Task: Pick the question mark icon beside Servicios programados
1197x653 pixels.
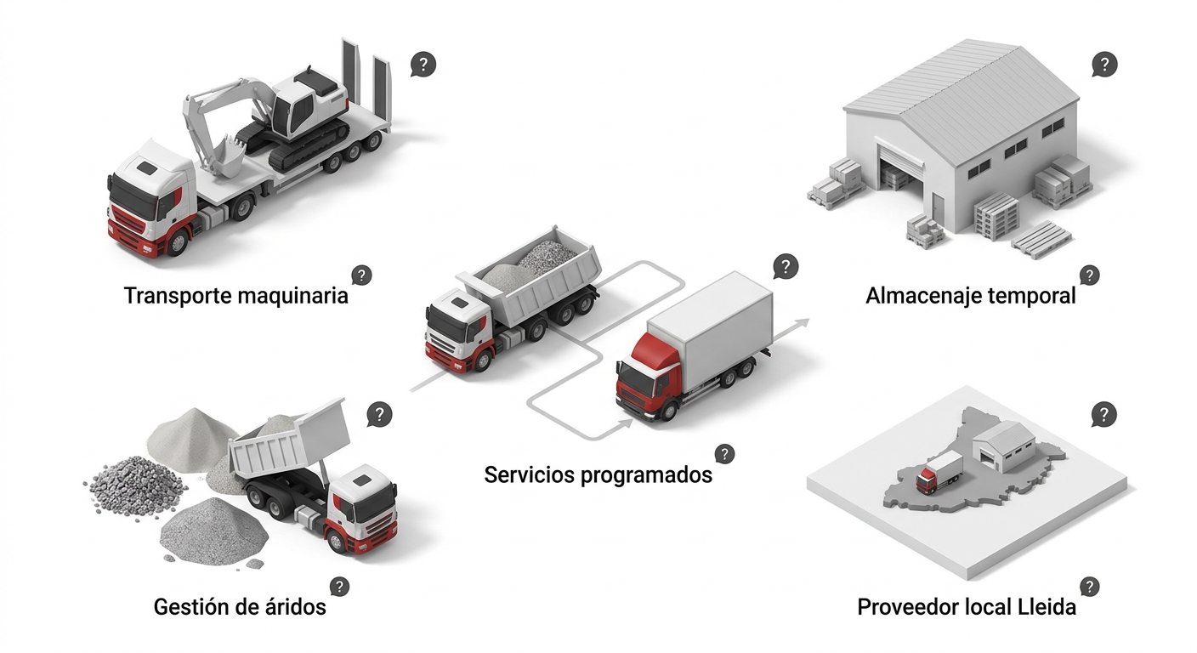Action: coord(724,454)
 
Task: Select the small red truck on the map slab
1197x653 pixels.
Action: coord(939,473)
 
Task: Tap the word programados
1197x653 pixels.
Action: coord(647,475)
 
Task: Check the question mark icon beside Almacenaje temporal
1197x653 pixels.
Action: coord(1089,275)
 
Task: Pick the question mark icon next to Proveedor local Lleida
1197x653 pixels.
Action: coord(1089,587)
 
